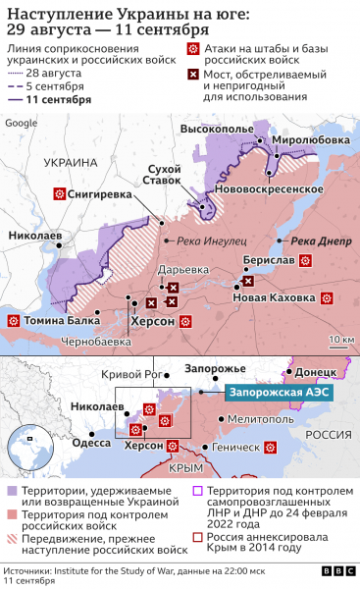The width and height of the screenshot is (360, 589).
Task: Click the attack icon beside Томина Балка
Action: pos(20,321)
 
